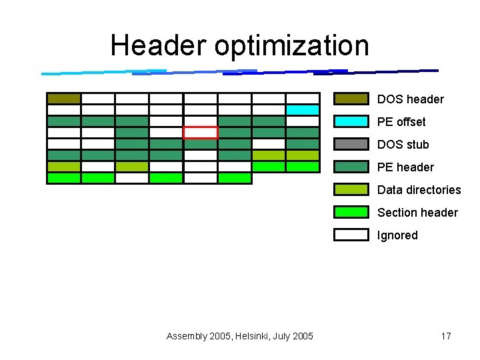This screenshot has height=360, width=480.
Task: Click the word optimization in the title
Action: pyautogui.click(x=291, y=47)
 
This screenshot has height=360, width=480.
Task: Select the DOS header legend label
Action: pyautogui.click(x=410, y=99)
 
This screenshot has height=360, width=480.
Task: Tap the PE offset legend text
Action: pyautogui.click(x=401, y=122)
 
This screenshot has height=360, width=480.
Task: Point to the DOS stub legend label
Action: pyautogui.click(x=403, y=145)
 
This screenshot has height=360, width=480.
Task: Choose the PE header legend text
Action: pyautogui.click(x=405, y=167)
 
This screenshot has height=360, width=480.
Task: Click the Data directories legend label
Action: pyautogui.click(x=419, y=190)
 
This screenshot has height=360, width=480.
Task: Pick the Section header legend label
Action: pyautogui.click(x=417, y=213)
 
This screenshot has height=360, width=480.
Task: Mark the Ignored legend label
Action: pyautogui.click(x=397, y=235)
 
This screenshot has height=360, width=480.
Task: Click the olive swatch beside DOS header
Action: pyautogui.click(x=351, y=99)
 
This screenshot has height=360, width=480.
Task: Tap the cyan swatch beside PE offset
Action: pyautogui.click(x=351, y=122)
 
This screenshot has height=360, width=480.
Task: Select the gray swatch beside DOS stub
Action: pyautogui.click(x=351, y=145)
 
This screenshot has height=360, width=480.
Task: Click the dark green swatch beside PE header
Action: pyautogui.click(x=351, y=167)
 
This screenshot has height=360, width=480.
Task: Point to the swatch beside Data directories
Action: pyautogui.click(x=351, y=190)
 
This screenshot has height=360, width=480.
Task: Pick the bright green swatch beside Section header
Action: pyautogui.click(x=351, y=213)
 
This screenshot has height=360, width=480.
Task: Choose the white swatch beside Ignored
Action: pyautogui.click(x=351, y=235)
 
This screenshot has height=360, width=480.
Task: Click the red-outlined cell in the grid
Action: pyautogui.click(x=201, y=133)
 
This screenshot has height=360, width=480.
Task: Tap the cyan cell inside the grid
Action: pyautogui.click(x=303, y=110)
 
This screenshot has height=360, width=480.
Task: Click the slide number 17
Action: pyautogui.click(x=446, y=336)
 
